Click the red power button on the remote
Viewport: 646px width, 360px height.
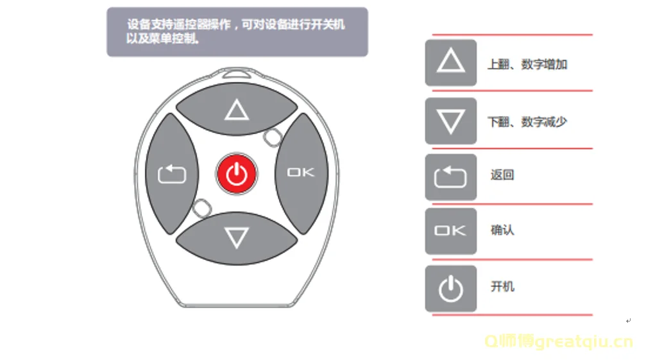coord(237,174)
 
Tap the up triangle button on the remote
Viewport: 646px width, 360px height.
coord(237,108)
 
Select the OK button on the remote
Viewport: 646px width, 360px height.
coord(302,173)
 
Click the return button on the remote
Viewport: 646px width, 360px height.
coord(172,174)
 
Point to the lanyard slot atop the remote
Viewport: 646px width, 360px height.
coord(237,74)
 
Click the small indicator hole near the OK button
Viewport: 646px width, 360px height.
coord(273,137)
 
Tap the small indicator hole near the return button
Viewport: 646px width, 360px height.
coord(202,209)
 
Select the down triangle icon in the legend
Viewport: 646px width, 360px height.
coord(451,121)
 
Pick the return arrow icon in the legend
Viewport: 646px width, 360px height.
coord(451,177)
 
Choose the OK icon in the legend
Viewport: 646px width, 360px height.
coord(451,231)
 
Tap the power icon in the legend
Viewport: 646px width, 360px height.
coord(451,288)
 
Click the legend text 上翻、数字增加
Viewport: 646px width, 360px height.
coord(528,64)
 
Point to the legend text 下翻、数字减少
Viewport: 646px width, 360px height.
coord(528,122)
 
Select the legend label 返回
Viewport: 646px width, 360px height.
coord(502,175)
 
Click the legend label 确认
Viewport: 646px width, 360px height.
coord(502,230)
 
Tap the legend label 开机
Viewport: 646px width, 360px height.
coord(502,286)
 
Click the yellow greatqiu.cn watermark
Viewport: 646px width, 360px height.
coord(559,341)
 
